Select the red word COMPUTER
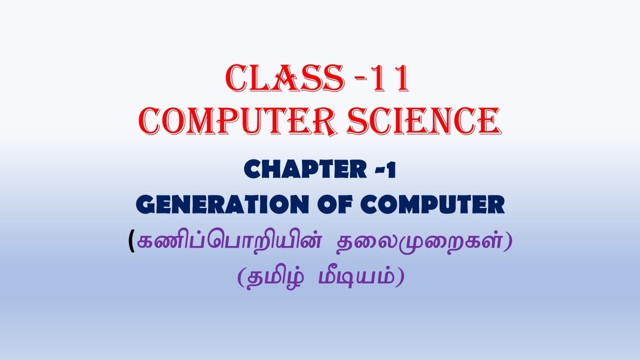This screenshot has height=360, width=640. [231, 120]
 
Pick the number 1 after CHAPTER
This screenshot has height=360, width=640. [390, 170]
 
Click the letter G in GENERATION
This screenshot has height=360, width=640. [146, 205]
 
